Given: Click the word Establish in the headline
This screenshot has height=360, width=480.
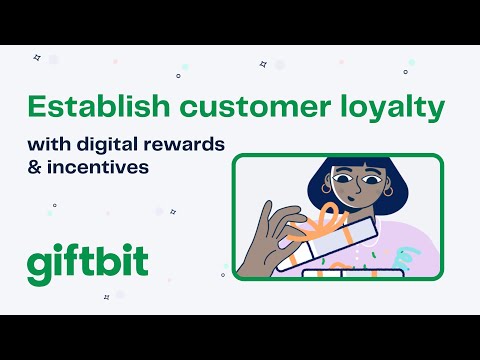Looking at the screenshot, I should click(87, 107).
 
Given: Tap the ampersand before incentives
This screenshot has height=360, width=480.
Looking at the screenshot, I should click(35, 166).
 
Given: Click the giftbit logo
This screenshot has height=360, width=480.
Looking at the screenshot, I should click(87, 262).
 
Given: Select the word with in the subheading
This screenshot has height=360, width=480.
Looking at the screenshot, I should click(48, 145).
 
